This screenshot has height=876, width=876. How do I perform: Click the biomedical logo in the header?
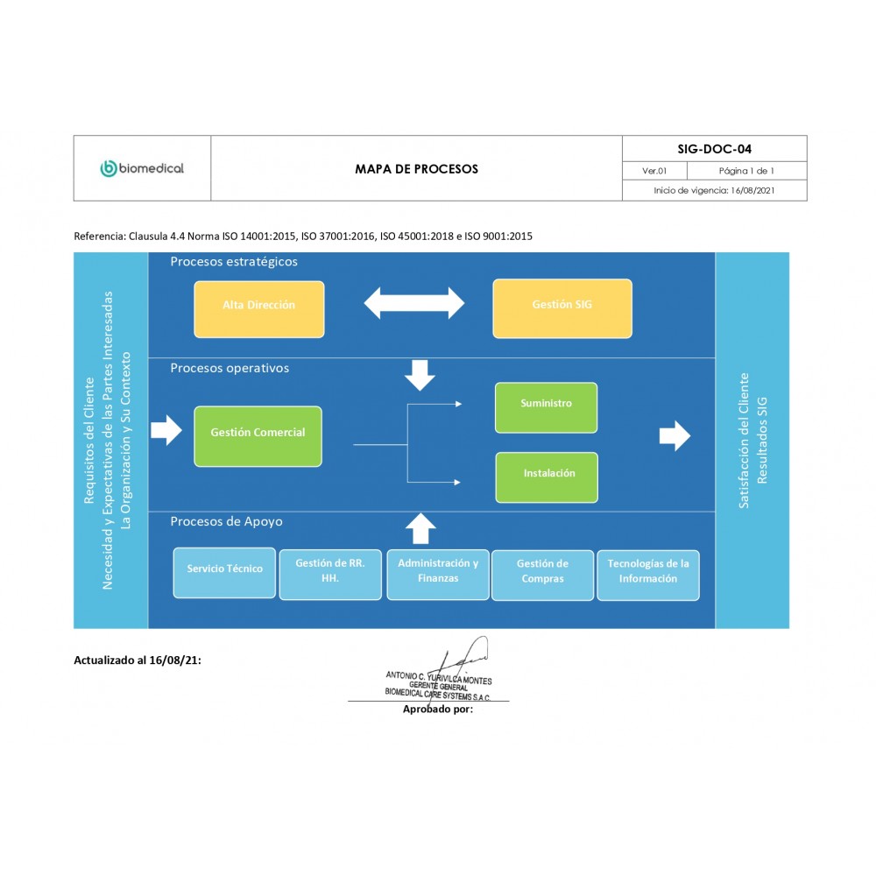click(142, 168)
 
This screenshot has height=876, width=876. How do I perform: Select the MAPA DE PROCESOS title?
click(416, 169)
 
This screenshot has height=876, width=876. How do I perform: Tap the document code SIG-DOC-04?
click(714, 149)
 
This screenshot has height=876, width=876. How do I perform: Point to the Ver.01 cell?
click(654, 171)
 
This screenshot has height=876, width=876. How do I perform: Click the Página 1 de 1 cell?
click(746, 171)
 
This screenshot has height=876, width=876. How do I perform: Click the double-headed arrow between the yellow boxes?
click(413, 303)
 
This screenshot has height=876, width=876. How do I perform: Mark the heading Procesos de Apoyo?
click(226, 521)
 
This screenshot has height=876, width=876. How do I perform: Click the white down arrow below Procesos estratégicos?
click(420, 374)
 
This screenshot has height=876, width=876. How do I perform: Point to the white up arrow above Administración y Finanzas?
click(421, 528)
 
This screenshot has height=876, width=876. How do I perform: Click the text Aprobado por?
click(437, 709)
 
